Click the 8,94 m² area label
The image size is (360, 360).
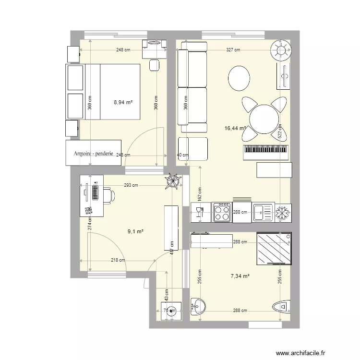[123, 102]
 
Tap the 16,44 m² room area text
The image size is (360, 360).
[235, 128]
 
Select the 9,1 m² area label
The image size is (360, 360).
[136, 231]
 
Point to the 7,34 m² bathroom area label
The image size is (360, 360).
[240, 276]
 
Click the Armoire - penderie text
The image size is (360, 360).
[93, 154]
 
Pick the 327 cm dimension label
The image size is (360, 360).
[234, 50]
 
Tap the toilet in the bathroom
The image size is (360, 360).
[282, 306]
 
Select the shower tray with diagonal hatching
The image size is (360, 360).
[274, 249]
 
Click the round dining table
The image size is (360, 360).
[264, 119]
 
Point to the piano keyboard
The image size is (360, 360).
[266, 153]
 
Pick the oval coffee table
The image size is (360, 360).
[239, 78]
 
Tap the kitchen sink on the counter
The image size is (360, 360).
[263, 212]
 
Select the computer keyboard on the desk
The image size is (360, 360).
[95, 192]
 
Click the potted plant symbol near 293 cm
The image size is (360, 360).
[172, 181]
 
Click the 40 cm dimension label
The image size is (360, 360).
[182, 155]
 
